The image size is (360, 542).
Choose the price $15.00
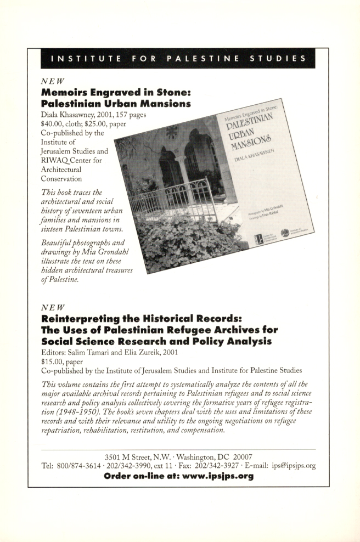[x=54, y=362]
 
